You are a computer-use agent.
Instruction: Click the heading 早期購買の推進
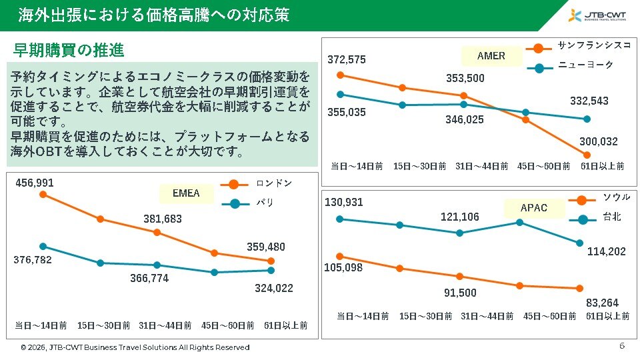[69, 51]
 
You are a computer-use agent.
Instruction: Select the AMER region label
[491, 56]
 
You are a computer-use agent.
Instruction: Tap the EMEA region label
[186, 193]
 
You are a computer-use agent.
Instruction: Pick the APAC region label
[533, 208]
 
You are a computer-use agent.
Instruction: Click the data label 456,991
[35, 183]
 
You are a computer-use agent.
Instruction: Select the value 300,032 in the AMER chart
[599, 141]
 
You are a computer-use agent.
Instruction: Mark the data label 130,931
[345, 202]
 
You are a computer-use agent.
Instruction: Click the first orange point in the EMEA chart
[43, 195]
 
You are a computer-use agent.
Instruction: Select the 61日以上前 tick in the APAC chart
[607, 316]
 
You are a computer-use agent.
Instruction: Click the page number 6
[622, 346]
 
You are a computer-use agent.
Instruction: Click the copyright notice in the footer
[135, 347]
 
